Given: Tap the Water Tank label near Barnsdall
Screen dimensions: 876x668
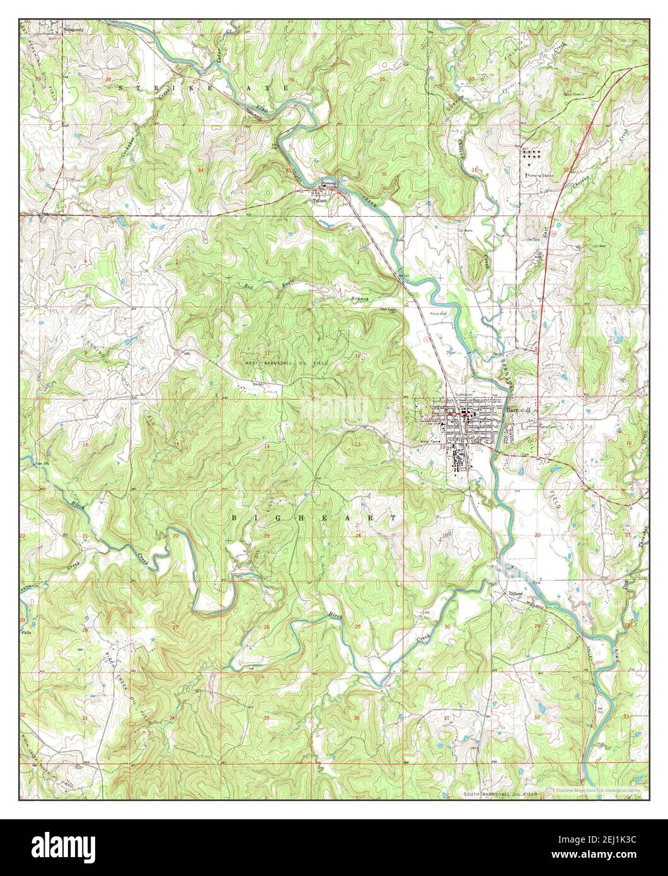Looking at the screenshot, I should [429, 441].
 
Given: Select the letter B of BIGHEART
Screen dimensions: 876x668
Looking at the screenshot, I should [235, 517].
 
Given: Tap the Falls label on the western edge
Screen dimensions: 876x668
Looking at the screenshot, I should [26, 631].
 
